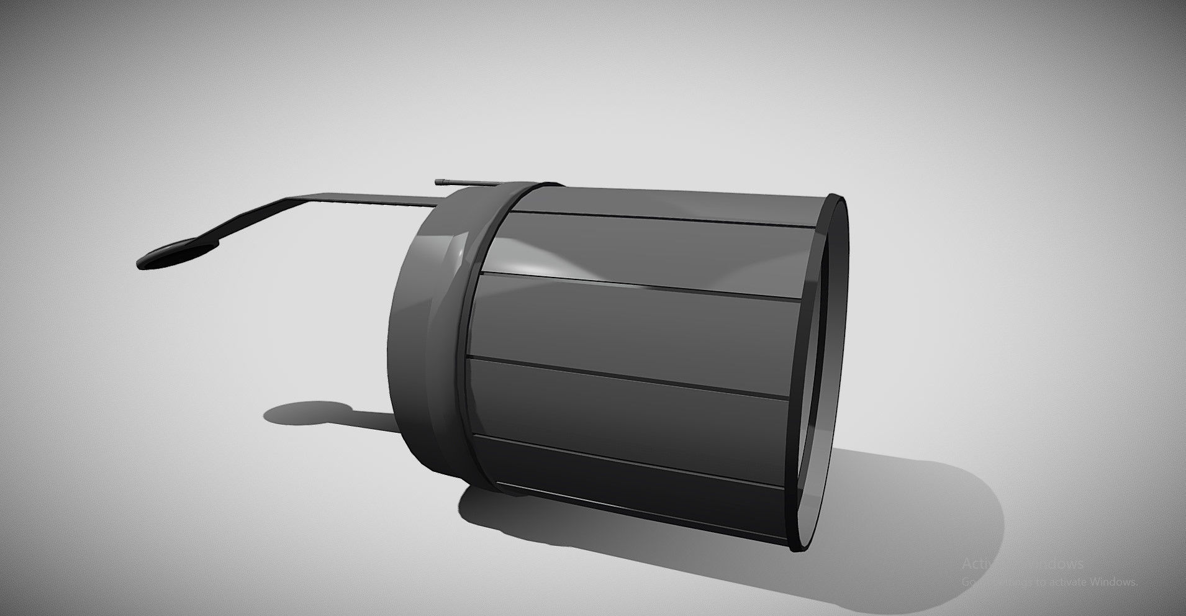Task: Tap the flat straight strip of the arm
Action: (x=366, y=199)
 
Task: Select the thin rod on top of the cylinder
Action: (x=472, y=183)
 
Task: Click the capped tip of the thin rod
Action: (x=440, y=181)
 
